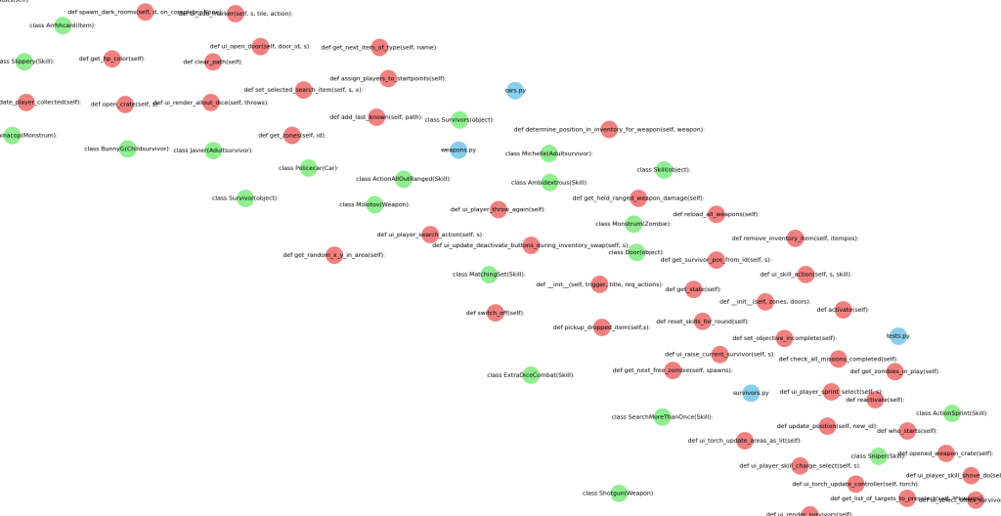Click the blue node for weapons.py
pyautogui.click(x=458, y=150)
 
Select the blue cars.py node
pyautogui.click(x=515, y=91)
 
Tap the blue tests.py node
pyautogui.click(x=898, y=336)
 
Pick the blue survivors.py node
pyautogui.click(x=751, y=393)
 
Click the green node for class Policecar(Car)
pyautogui.click(x=309, y=168)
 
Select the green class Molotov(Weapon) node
pyautogui.click(x=375, y=204)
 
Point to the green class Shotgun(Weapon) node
pyautogui.click(x=619, y=494)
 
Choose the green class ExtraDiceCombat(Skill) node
pyautogui.click(x=531, y=375)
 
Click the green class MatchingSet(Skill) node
pyautogui.click(x=489, y=275)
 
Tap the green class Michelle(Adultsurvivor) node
pyautogui.click(x=549, y=153)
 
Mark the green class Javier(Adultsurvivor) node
pyautogui.click(x=213, y=150)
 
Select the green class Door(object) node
pyautogui.click(x=636, y=252)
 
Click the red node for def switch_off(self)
pyautogui.click(x=496, y=313)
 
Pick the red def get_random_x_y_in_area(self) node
pyautogui.click(x=334, y=255)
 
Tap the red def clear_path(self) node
pyautogui.click(x=213, y=62)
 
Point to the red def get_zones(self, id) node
pyautogui.click(x=292, y=136)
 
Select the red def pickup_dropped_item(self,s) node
pyautogui.click(x=602, y=327)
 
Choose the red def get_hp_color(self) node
pyautogui.click(x=112, y=59)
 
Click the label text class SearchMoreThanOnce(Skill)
pyautogui.click(x=655, y=417)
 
